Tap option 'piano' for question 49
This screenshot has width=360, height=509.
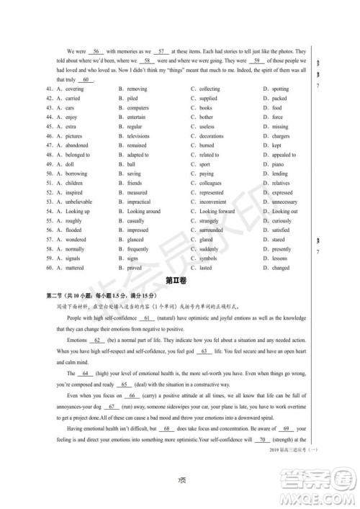(279, 164)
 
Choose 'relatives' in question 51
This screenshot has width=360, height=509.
(282, 183)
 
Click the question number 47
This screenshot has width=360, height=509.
(48, 145)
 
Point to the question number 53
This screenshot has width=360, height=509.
(48, 202)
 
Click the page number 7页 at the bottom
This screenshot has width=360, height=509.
(181, 481)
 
